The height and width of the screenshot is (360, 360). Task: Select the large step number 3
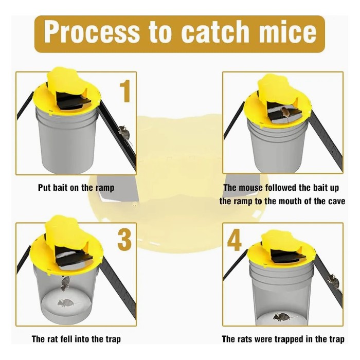[125, 240]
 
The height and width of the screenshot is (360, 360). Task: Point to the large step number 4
[235, 240]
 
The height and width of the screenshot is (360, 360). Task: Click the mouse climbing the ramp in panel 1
[123, 133]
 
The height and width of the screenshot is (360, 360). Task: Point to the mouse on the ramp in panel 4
[333, 281]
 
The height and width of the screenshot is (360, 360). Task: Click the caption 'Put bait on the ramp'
[76, 188]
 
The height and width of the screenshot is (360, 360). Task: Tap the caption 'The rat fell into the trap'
[76, 339]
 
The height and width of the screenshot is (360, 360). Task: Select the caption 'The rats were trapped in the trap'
[283, 339]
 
